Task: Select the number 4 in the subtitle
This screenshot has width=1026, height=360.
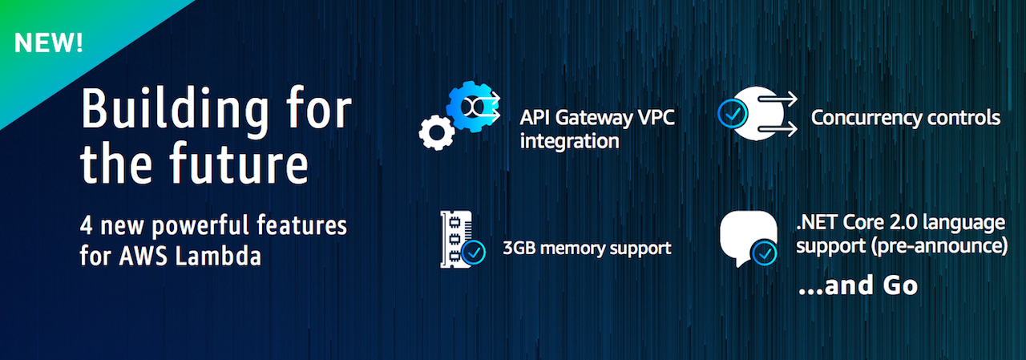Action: [x=87, y=225]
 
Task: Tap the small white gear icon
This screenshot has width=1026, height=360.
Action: [x=436, y=132]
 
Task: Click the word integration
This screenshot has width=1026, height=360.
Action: [x=569, y=142]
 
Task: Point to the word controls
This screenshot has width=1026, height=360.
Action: [x=965, y=118]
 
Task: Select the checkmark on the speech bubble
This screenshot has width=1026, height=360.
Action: [x=764, y=253]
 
